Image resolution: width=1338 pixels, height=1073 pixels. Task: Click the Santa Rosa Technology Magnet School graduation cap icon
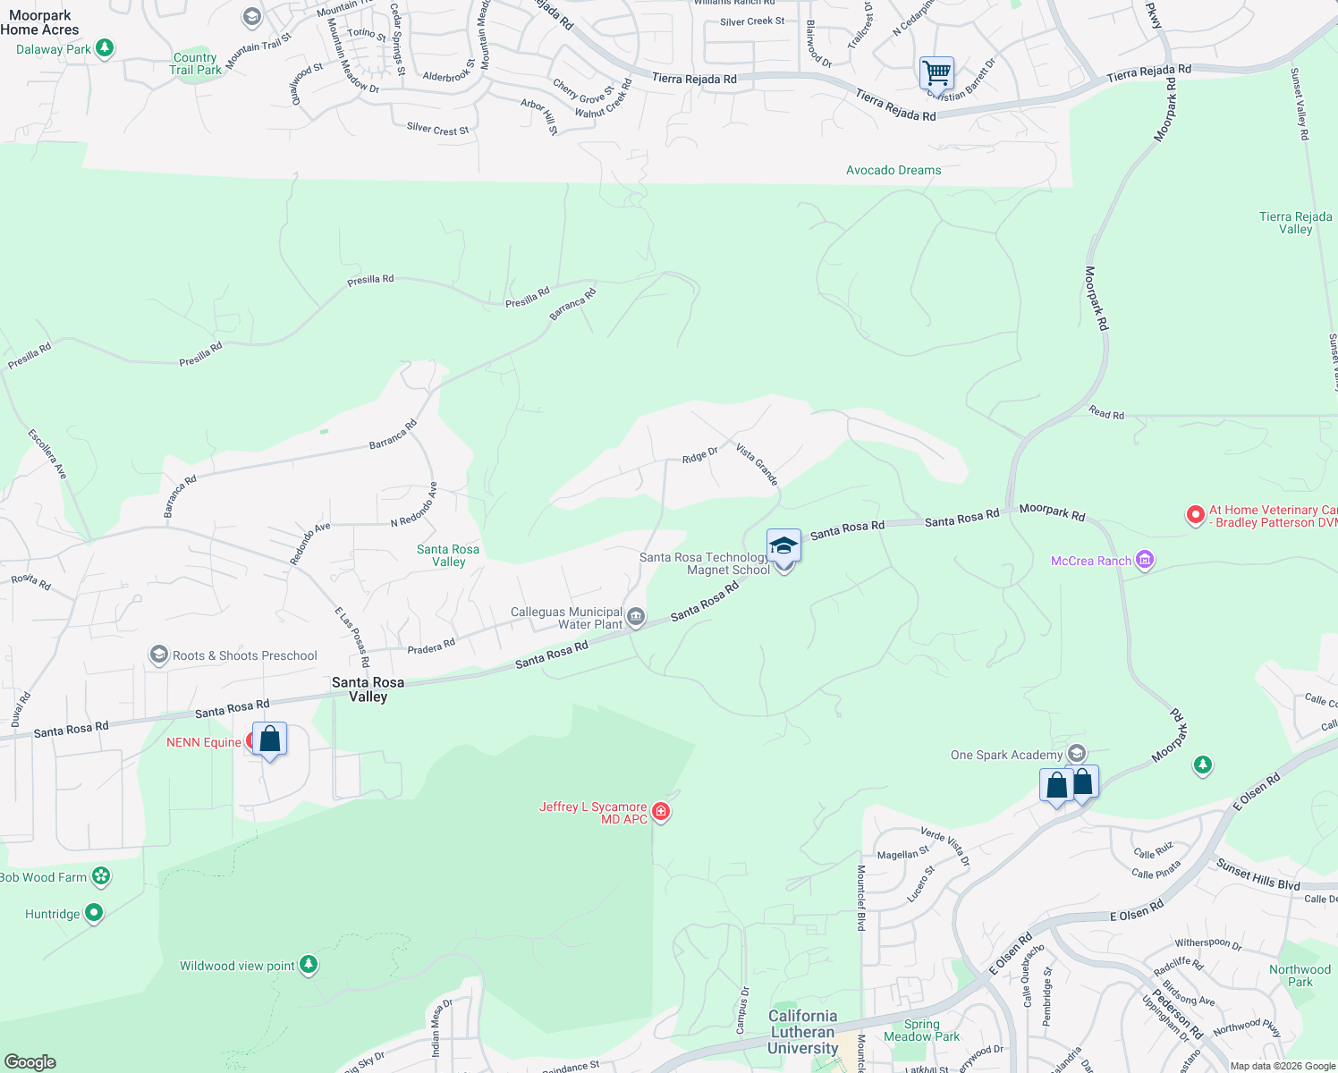pos(783,545)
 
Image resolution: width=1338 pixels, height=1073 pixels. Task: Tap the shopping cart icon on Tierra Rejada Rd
pos(936,72)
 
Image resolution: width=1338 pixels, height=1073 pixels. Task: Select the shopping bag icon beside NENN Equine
pos(269,739)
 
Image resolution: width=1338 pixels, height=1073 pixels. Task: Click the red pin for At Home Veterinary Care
pos(1195,515)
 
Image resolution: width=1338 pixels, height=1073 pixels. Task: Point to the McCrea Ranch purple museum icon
pos(1144,561)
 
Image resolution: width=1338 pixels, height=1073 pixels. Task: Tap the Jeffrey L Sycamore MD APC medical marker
pos(661,812)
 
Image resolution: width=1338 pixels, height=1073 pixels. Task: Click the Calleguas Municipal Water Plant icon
pos(636,616)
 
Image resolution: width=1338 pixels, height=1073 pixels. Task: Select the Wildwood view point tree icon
pos(309,964)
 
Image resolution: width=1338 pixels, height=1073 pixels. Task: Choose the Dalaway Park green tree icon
pos(105,47)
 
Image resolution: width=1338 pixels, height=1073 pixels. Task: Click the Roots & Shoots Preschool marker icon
pos(159,655)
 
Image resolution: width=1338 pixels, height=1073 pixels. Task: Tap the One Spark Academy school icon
pos(1077,754)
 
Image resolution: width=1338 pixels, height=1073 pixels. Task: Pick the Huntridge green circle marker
pos(94,913)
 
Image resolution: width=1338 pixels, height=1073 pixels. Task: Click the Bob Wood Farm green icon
pos(101,876)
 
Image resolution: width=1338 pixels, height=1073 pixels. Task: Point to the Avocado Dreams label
pos(893,170)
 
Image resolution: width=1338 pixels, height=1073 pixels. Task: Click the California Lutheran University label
pos(802,1032)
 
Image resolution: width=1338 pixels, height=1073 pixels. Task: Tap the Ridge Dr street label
pos(699,456)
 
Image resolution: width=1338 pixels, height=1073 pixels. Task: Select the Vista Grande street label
pos(757,463)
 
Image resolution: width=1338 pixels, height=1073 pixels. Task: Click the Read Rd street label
pos(1106,413)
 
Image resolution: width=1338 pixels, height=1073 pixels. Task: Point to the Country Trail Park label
pos(195,63)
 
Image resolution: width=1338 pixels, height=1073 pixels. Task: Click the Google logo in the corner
pos(30,1062)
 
